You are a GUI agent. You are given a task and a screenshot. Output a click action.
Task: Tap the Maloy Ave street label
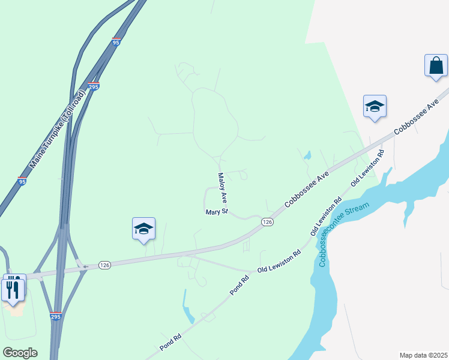point(222,187)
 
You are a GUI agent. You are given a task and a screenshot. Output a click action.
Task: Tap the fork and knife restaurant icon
point(13,290)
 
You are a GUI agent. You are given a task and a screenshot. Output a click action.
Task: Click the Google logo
point(20,352)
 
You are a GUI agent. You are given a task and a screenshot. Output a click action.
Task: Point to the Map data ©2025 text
point(423,355)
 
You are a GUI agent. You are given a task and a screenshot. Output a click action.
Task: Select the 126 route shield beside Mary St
point(268,222)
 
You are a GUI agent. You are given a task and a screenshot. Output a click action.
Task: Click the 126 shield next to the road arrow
point(104,265)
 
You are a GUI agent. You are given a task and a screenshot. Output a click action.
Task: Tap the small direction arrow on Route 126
point(86,266)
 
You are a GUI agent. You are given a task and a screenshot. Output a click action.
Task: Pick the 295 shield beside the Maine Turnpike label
point(93,86)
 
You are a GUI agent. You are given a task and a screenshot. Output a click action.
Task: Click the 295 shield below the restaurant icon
point(56,316)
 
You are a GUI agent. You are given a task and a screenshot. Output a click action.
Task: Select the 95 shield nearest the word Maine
point(22,181)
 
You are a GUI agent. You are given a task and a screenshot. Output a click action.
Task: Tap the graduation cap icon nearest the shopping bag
point(375,107)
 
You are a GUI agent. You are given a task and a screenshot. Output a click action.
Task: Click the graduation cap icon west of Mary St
point(143,229)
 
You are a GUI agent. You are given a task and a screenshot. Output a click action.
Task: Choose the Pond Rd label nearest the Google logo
point(170,344)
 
